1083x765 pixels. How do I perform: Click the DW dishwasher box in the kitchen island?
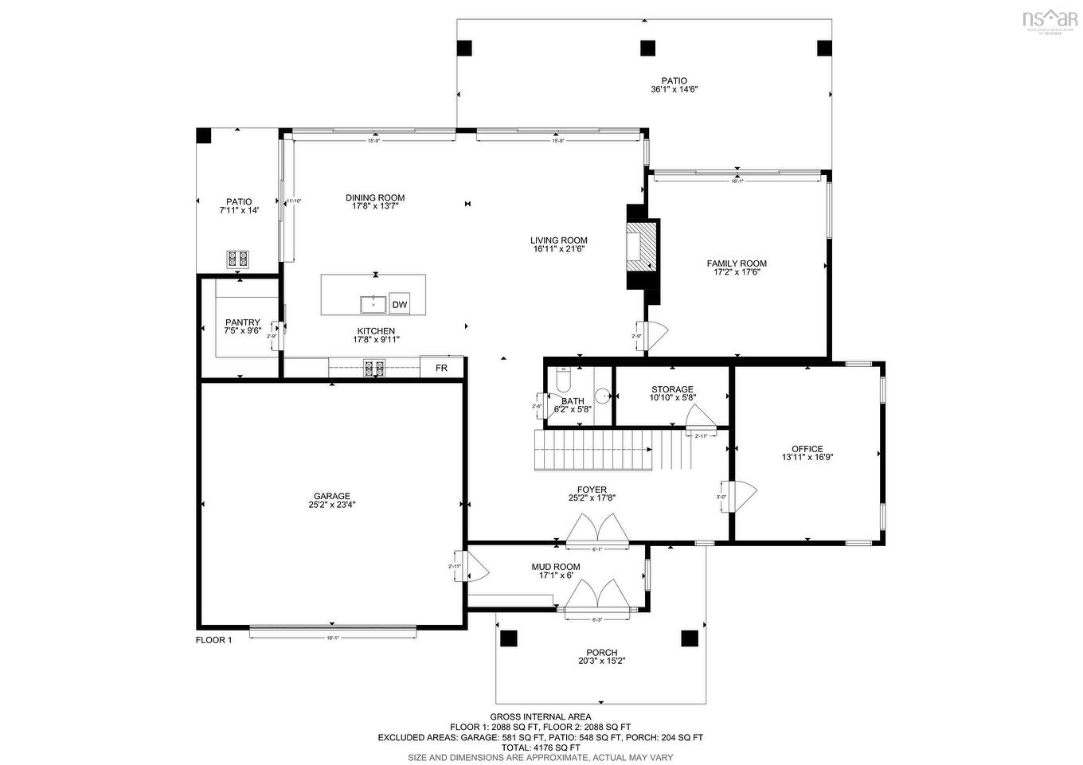[x=400, y=304]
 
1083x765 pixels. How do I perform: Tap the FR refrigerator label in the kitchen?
[x=441, y=368]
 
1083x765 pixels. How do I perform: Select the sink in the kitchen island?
[x=373, y=304]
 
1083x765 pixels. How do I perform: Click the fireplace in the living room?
[x=642, y=248]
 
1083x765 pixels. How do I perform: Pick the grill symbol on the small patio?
[x=238, y=259]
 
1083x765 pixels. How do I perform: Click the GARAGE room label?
[x=331, y=496]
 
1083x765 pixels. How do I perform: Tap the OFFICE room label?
[x=807, y=449]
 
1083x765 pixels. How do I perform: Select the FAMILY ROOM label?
[x=737, y=263]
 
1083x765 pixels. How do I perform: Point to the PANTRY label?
[x=243, y=322]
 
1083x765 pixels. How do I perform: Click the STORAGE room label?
[x=672, y=389]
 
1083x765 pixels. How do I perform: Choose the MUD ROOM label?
[x=556, y=567]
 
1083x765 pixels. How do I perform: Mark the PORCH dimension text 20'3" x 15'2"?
[x=601, y=661]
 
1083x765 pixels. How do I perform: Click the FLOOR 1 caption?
[x=213, y=640]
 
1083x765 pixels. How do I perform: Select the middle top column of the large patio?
[x=647, y=48]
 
